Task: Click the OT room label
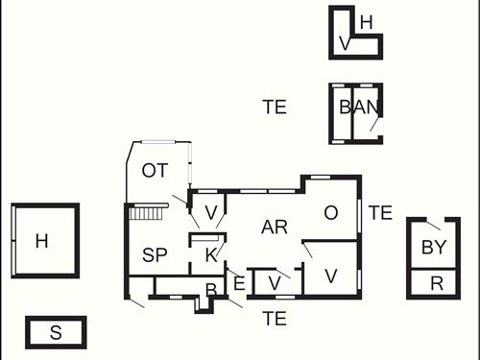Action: [155, 171]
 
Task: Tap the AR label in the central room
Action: [275, 228]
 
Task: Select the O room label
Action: [331, 213]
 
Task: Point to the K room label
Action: [211, 254]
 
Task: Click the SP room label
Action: [156, 254]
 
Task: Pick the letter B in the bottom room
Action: [210, 290]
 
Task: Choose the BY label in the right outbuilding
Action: [434, 247]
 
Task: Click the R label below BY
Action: [437, 283]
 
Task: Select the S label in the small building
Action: [56, 333]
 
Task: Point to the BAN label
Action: [360, 108]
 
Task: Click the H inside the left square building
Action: [41, 241]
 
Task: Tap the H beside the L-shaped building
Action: [366, 22]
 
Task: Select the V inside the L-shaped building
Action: [345, 44]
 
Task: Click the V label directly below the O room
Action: [331, 276]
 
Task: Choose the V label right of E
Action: [275, 282]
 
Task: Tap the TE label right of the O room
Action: [380, 213]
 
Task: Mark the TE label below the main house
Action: [275, 318]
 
